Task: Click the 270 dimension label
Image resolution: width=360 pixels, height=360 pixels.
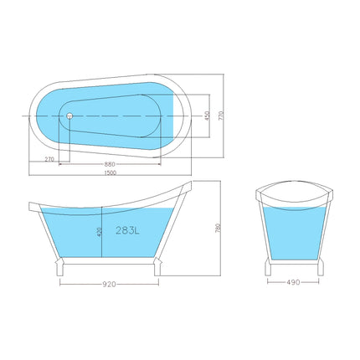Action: coord(48,157)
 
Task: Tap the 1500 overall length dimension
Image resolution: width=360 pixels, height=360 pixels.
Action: coord(111,172)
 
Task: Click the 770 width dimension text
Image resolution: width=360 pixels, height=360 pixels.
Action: coord(222,116)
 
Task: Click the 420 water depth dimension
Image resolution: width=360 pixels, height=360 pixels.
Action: coord(100,232)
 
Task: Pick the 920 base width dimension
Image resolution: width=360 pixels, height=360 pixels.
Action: coord(109,284)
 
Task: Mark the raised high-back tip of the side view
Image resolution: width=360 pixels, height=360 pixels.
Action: coord(188,185)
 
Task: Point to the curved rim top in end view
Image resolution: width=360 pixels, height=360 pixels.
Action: coord(295,186)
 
